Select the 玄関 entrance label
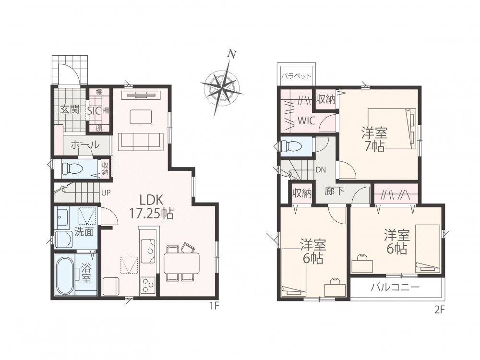point(70,109)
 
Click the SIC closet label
point(94,110)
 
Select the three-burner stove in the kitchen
point(148,285)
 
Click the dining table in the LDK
point(181,263)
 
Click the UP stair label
point(106,192)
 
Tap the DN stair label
point(321,170)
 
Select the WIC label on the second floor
point(306,120)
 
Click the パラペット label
point(296,76)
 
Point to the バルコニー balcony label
point(395,287)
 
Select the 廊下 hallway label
point(334,191)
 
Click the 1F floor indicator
point(215,305)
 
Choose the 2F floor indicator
point(439,310)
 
